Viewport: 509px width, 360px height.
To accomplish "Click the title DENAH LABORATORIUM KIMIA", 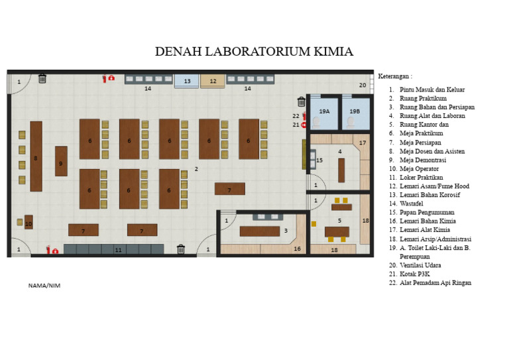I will tap(254, 52).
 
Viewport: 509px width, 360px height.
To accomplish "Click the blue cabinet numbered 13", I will tap(187, 81).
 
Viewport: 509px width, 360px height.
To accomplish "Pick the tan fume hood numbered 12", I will tap(213, 81).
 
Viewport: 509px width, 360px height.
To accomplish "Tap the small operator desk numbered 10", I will tap(28, 223).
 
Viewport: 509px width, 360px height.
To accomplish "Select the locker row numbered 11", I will tap(119, 249).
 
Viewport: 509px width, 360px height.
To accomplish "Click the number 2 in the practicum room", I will tap(196, 169).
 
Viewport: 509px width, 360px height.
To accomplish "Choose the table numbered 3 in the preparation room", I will tap(259, 231).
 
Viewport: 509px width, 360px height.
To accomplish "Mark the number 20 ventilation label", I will tap(363, 85).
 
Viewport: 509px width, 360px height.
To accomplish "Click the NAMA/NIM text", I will tap(44, 286).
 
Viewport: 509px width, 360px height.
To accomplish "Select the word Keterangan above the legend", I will tap(394, 76).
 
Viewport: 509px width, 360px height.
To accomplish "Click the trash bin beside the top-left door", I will tap(42, 79).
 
